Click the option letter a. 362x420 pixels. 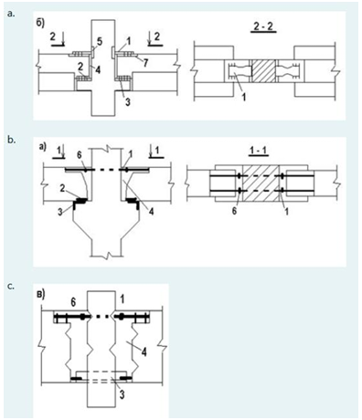coord(11,14)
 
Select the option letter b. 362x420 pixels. coord(11,141)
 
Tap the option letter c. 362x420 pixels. coord(11,287)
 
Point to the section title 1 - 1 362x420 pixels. coord(259,152)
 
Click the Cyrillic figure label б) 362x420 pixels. coord(41,24)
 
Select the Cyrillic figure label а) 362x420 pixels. coord(42,147)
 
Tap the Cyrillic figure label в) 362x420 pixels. coord(40,294)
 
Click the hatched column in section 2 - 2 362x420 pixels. coord(264,70)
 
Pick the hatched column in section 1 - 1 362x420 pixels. coord(261,183)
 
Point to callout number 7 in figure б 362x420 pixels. coord(145,63)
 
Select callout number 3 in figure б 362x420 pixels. coord(128,102)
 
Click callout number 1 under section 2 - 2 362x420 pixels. coord(244,97)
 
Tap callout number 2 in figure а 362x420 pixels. coord(61,189)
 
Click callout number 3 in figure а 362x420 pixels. coord(60,212)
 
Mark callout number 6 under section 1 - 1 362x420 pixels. coord(234,211)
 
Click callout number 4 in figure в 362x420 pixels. coord(144,352)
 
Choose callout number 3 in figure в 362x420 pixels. coord(122,394)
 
